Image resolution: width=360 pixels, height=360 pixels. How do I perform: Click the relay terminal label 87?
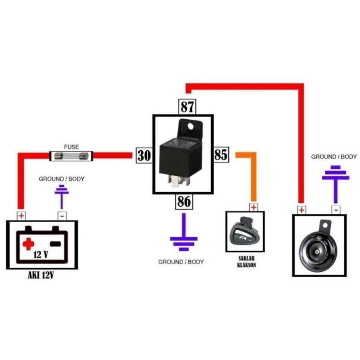point(187,107)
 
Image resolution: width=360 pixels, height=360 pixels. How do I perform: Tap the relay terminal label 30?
point(144,156)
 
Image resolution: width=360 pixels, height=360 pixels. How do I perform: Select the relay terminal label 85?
point(221,155)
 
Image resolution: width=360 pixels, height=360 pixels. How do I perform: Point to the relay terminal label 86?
point(184,202)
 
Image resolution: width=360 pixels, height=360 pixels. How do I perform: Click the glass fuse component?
point(71,156)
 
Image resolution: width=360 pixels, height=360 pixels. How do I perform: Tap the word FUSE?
point(71,147)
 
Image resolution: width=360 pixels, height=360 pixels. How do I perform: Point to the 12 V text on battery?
point(40,255)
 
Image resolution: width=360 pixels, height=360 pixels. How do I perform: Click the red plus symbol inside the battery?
point(28,244)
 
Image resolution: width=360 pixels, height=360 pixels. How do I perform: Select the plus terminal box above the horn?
point(301,210)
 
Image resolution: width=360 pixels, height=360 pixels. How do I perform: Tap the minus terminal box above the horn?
point(336,210)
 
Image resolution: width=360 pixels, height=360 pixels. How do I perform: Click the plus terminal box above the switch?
point(253,207)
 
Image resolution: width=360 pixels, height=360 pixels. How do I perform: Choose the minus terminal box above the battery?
point(62,216)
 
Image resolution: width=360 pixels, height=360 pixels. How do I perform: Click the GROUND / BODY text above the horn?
point(334,157)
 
